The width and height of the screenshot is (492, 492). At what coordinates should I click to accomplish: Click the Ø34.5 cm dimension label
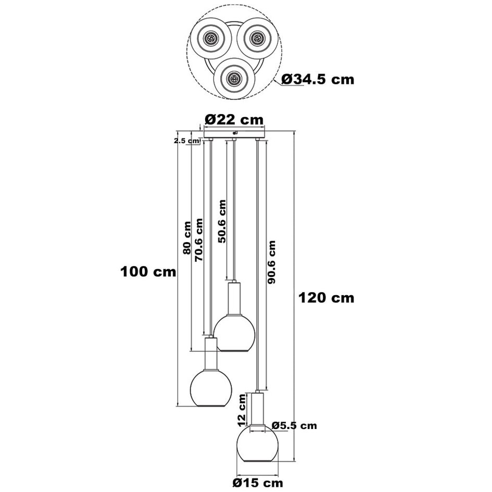click(318, 79)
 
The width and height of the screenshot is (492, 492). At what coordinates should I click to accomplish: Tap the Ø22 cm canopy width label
click(234, 119)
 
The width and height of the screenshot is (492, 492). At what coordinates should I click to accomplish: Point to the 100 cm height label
click(148, 271)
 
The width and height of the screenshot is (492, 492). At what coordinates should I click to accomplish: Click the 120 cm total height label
click(326, 297)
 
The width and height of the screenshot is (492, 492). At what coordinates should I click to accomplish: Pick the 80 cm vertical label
click(186, 237)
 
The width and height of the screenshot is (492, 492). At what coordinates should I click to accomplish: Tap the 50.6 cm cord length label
click(222, 221)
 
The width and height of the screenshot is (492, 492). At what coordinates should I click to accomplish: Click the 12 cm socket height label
click(242, 409)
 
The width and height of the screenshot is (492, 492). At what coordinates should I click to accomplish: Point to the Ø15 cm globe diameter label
click(255, 482)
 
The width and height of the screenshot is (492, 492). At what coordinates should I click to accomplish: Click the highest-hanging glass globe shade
click(234, 332)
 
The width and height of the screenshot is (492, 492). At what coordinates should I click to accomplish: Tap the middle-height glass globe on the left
click(210, 388)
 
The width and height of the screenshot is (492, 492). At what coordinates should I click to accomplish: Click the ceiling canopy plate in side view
click(234, 134)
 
